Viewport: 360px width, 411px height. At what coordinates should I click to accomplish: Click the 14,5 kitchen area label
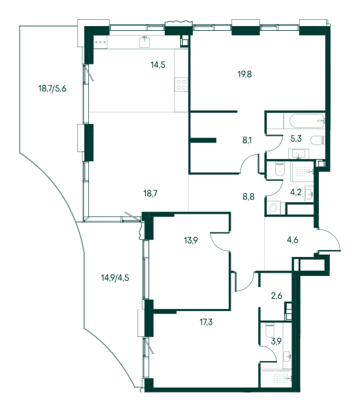(x=158, y=64)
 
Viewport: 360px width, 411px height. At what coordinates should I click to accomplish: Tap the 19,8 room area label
(x=245, y=74)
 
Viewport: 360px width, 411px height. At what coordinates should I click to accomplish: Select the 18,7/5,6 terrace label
(x=53, y=88)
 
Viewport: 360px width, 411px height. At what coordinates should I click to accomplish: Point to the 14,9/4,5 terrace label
(x=115, y=277)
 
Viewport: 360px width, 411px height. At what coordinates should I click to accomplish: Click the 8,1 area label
(x=247, y=140)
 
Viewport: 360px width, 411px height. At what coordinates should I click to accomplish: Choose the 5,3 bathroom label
(x=296, y=138)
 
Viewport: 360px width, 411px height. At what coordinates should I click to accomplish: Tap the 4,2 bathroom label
(x=296, y=192)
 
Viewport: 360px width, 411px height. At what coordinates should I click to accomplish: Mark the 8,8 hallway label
(x=248, y=197)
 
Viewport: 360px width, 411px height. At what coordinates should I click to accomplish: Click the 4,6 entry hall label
(x=292, y=240)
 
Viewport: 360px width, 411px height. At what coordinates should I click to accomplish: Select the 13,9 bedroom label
(x=191, y=240)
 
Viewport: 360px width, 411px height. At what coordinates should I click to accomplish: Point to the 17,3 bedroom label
(x=206, y=322)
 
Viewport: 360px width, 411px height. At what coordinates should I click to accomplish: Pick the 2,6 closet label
(x=277, y=296)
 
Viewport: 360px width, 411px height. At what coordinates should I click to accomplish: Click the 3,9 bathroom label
(x=276, y=341)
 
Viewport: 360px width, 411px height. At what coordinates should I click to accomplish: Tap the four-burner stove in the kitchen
(x=181, y=84)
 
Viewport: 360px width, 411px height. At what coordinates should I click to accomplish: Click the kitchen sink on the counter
(x=144, y=42)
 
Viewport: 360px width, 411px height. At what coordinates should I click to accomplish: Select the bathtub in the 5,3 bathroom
(x=305, y=121)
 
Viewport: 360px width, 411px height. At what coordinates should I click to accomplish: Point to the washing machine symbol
(x=274, y=208)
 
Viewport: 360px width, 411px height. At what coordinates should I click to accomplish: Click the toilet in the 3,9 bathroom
(x=270, y=332)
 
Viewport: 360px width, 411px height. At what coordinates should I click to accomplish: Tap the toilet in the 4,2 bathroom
(x=280, y=169)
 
